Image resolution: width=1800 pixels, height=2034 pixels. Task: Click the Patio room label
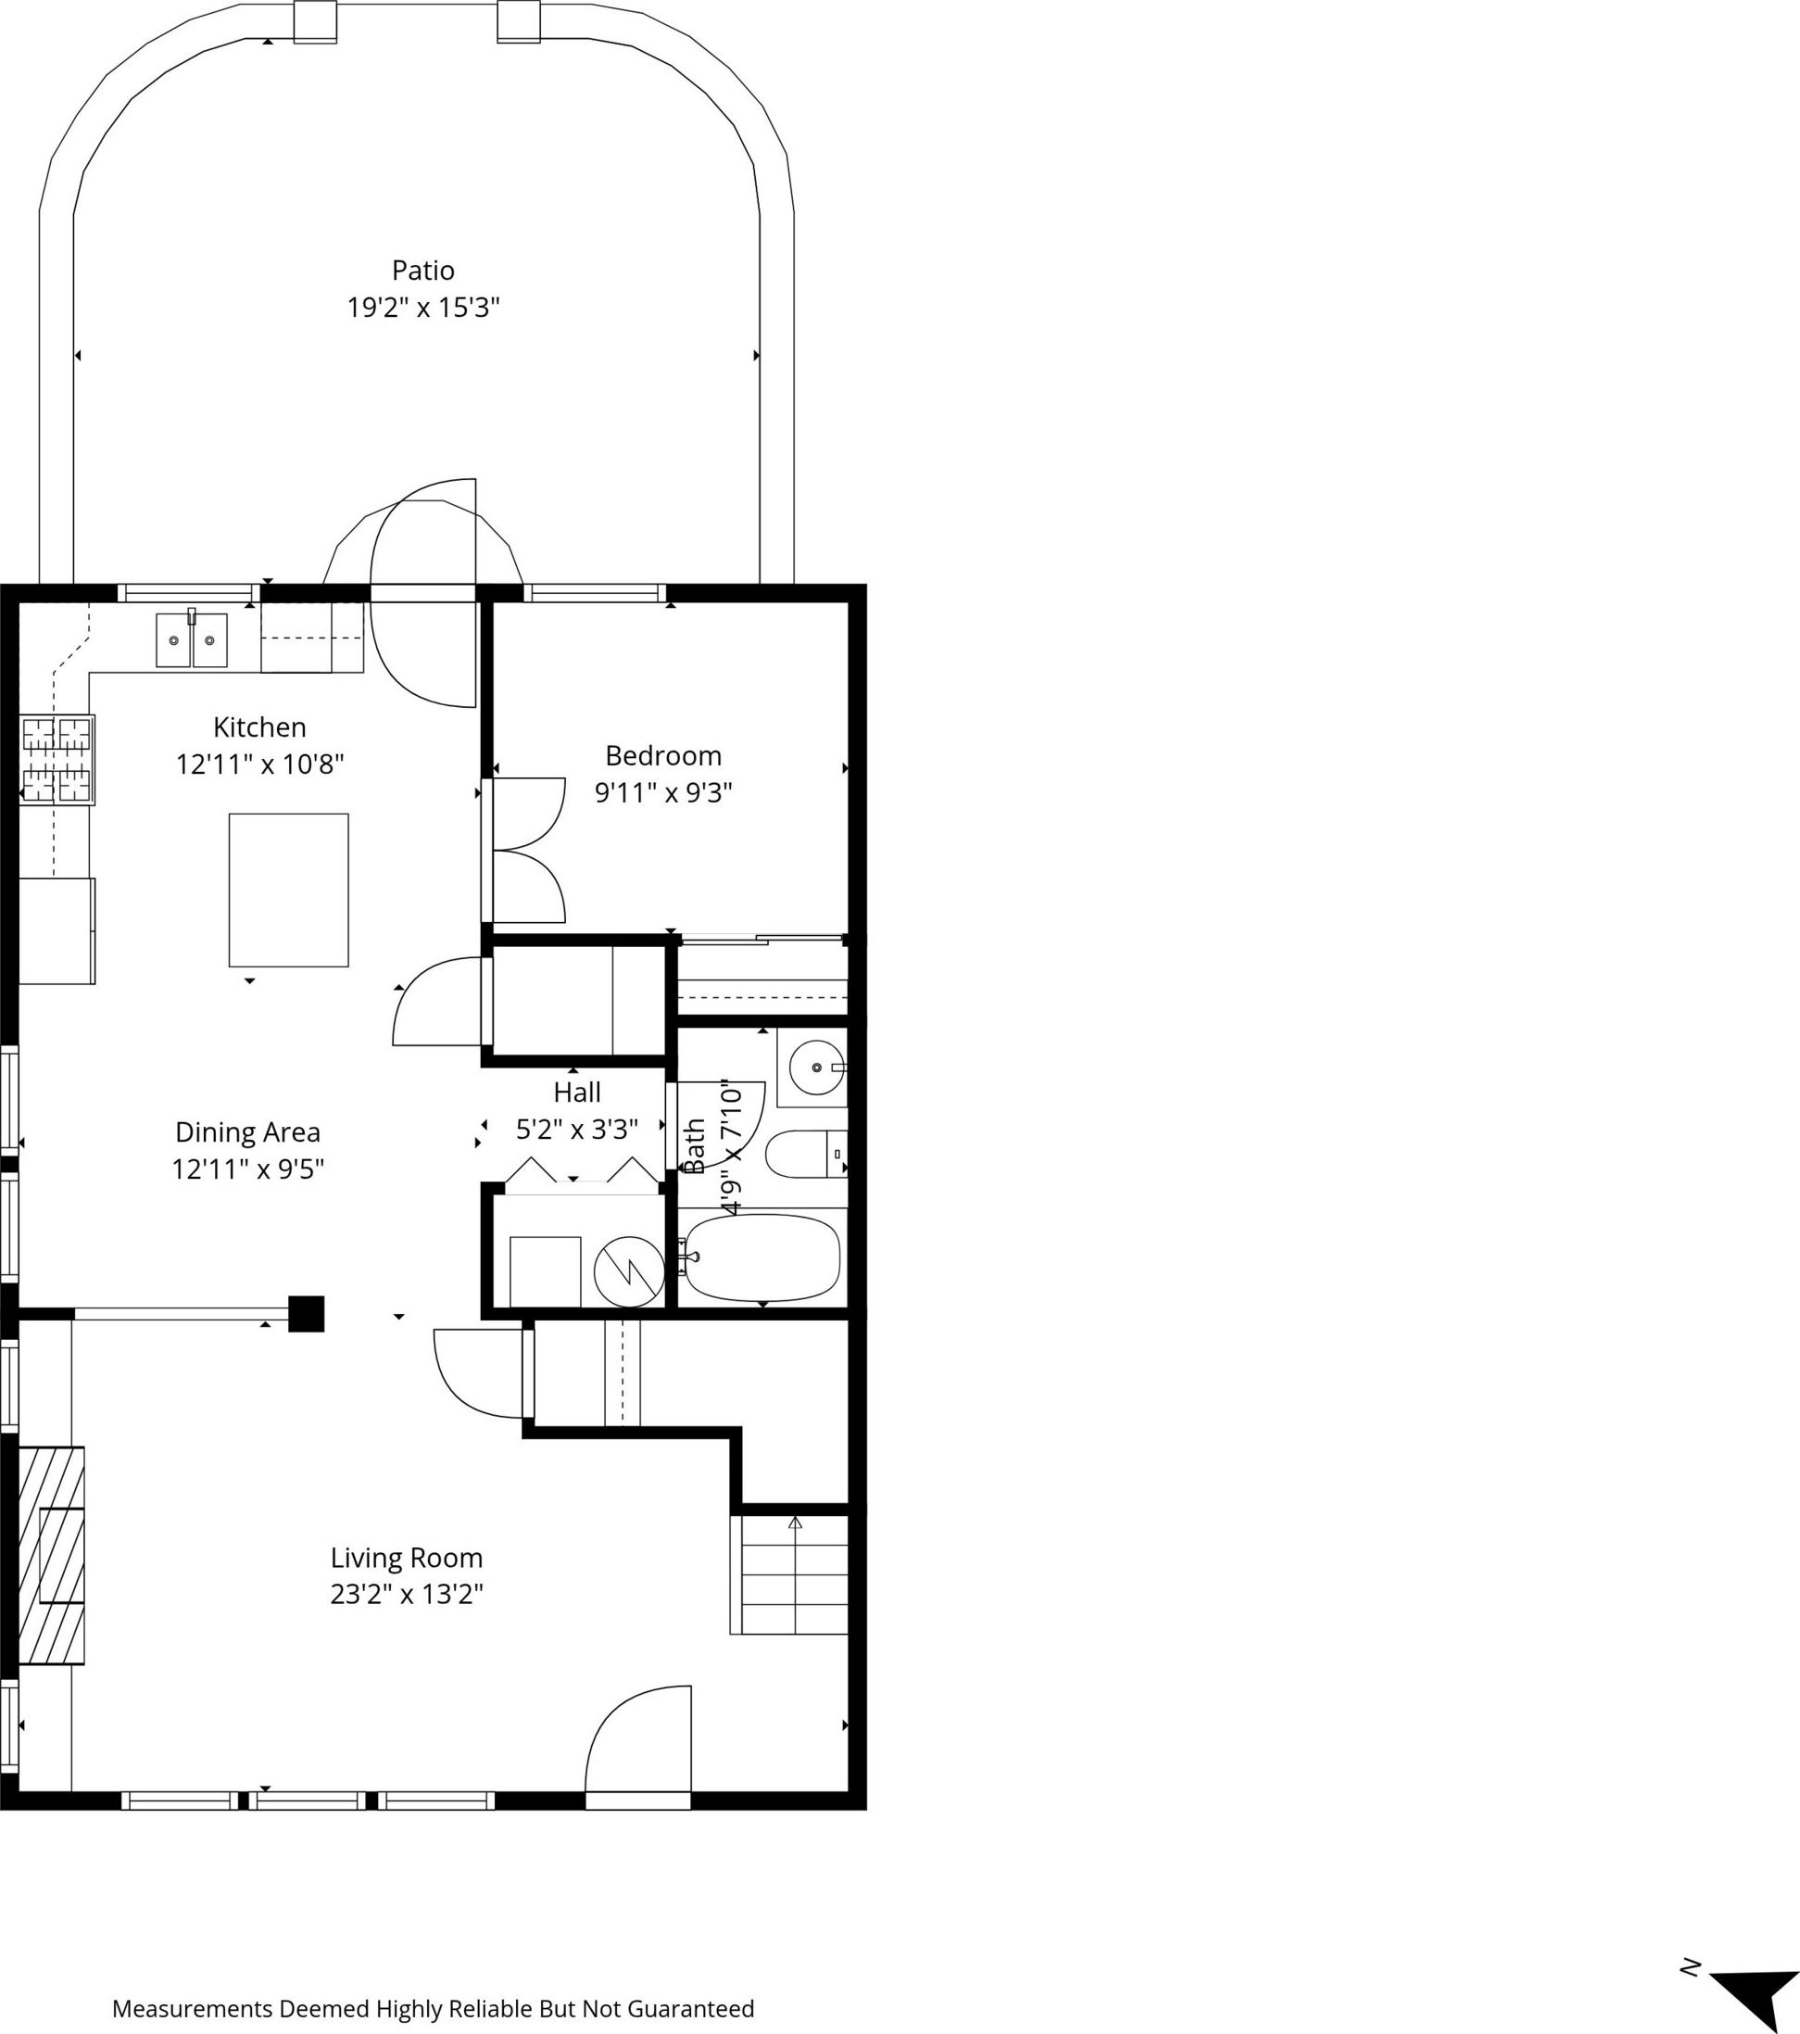click(x=422, y=271)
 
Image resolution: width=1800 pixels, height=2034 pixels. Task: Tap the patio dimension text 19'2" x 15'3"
click(x=422, y=308)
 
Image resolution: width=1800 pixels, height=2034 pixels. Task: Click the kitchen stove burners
click(x=57, y=759)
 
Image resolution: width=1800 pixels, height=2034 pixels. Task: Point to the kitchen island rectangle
click(x=288, y=890)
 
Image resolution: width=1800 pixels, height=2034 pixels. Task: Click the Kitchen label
click(x=259, y=727)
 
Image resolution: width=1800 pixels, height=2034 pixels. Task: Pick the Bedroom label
click(x=663, y=756)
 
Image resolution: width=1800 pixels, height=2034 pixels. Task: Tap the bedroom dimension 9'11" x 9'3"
click(x=663, y=793)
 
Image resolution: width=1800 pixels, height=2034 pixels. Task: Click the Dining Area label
click(x=247, y=1132)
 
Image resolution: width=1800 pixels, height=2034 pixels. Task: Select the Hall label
click(x=577, y=1093)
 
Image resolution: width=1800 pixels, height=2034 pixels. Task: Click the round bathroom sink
click(x=817, y=1067)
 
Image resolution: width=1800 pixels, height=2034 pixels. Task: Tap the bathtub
click(x=762, y=1257)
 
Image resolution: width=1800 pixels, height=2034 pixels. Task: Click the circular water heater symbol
click(x=629, y=1271)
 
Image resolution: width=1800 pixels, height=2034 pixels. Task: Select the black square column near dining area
click(x=307, y=1314)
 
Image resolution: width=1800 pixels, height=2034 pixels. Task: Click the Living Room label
click(x=406, y=1559)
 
